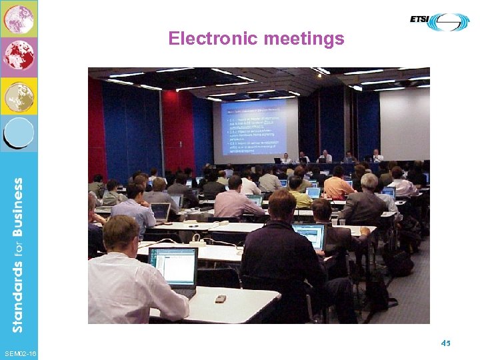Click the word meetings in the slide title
click(x=304, y=39)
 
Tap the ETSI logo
click(x=439, y=21)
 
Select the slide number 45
click(x=445, y=343)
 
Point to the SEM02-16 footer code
click(x=20, y=351)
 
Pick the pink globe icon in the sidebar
click(x=19, y=19)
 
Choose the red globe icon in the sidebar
click(x=19, y=56)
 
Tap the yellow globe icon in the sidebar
click(x=19, y=96)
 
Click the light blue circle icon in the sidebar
click(x=19, y=132)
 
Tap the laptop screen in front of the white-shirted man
click(x=173, y=267)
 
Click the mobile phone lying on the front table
click(x=221, y=299)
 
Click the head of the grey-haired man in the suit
click(x=369, y=182)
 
